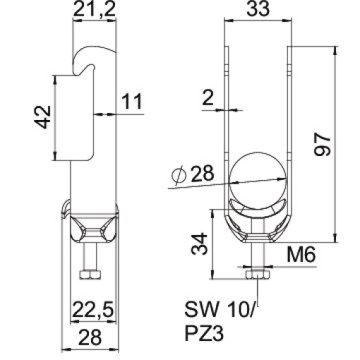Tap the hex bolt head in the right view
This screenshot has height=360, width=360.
(x=257, y=273)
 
